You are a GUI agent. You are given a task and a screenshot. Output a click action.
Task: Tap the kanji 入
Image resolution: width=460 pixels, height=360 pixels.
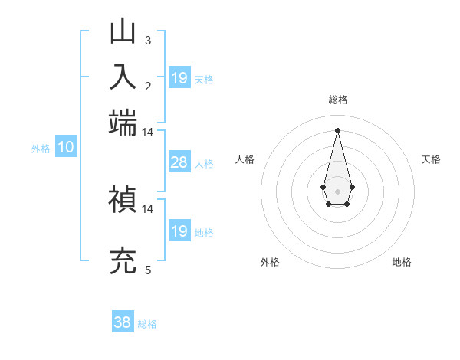[123, 77]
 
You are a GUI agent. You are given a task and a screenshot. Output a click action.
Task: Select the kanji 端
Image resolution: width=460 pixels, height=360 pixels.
[123, 123]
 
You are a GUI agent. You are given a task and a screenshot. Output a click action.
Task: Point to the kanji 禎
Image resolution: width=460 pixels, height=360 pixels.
[123, 200]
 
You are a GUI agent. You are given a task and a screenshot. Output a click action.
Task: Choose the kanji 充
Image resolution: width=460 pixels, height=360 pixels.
[123, 261]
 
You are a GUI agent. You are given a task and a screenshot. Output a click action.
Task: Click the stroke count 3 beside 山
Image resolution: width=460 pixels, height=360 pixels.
[148, 40]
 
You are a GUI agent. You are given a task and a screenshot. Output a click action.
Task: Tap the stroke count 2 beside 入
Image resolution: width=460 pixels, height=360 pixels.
[148, 86]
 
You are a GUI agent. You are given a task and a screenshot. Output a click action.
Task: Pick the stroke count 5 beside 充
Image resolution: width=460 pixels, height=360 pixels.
[148, 270]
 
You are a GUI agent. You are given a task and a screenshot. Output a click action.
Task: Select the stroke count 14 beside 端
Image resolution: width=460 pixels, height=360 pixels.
[148, 132]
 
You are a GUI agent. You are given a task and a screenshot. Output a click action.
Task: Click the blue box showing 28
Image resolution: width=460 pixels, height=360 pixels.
[179, 162]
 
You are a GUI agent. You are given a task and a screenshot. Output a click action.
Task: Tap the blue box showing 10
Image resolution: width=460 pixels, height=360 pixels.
[65, 148]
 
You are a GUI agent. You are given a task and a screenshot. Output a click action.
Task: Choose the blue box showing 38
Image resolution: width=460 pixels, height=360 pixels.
[123, 322]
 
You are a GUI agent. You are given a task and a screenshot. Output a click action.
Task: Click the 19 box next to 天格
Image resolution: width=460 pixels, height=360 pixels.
[179, 77]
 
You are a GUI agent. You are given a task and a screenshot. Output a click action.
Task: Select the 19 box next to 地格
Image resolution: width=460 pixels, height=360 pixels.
[179, 231]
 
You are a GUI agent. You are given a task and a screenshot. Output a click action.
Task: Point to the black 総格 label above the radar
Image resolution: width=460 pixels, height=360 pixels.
[337, 100]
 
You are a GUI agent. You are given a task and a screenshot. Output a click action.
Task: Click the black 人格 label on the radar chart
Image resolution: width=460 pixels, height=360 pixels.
[245, 159]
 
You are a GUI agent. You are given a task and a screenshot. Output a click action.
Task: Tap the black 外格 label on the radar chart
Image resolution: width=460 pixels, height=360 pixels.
[270, 263]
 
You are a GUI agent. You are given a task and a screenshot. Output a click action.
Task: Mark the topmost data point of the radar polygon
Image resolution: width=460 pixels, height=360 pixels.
[337, 130]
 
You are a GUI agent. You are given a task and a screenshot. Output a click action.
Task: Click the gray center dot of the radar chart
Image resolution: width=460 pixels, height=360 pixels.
[337, 190]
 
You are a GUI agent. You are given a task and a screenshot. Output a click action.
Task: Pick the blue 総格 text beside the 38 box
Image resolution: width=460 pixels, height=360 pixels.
[148, 324]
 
